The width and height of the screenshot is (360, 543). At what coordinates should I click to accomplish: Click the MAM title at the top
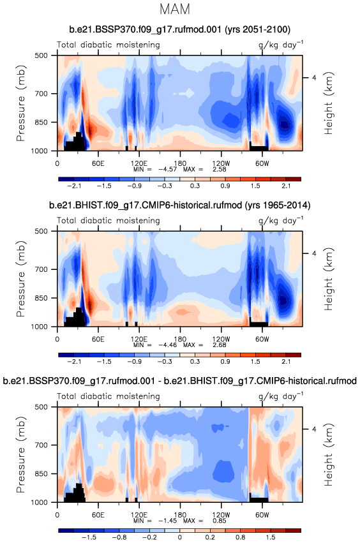click(175, 10)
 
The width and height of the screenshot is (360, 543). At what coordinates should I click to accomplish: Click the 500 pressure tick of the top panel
click(41, 56)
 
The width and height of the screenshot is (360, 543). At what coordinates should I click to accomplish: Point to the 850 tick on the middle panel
click(41, 298)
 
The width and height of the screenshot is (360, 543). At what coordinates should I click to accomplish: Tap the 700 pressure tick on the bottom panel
click(41, 445)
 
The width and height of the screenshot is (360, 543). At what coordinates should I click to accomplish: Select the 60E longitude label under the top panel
click(98, 163)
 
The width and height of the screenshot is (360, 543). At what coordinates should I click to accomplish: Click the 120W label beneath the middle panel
click(221, 339)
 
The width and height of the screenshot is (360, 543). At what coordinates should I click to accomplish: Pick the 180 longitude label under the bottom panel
click(180, 514)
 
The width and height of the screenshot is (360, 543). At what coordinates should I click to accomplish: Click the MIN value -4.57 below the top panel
click(168, 169)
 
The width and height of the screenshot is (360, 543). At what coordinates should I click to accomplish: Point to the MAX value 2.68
click(220, 345)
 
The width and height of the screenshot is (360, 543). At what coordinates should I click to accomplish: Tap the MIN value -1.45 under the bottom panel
click(168, 521)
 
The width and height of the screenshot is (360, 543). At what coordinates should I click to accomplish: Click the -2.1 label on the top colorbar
click(74, 186)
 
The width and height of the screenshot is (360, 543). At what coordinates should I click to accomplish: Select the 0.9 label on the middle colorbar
click(225, 362)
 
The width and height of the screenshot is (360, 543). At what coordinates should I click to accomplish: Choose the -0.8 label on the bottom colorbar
click(119, 537)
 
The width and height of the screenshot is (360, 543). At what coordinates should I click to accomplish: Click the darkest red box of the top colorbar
click(294, 179)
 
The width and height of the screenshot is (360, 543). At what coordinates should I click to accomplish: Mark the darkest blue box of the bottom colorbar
click(66, 530)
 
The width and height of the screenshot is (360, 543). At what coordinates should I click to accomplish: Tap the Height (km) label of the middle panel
click(328, 279)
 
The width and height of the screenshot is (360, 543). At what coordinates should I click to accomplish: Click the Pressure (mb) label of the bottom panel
click(20, 454)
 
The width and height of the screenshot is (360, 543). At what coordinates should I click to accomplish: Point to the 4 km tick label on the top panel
click(314, 78)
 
